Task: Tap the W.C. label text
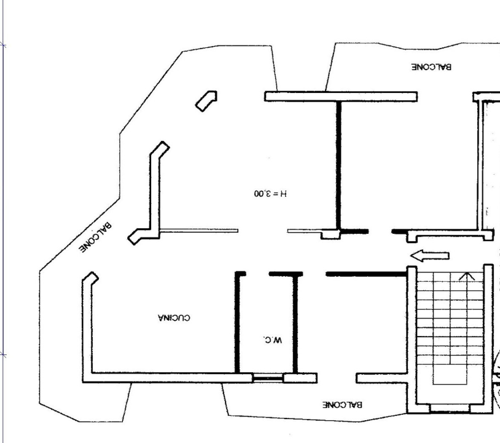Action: [273, 340]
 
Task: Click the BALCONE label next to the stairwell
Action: [343, 405]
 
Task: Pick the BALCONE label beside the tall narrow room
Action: [431, 66]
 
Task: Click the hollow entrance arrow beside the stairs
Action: [429, 255]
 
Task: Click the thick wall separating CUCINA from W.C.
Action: [237, 323]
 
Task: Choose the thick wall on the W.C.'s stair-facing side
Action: [295, 323]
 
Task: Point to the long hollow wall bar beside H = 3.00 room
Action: [340, 97]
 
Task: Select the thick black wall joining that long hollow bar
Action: [338, 163]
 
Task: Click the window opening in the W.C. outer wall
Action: [268, 378]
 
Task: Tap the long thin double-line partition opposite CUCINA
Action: [198, 231]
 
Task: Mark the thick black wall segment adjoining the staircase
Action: [365, 273]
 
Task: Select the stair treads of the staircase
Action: [442, 320]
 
